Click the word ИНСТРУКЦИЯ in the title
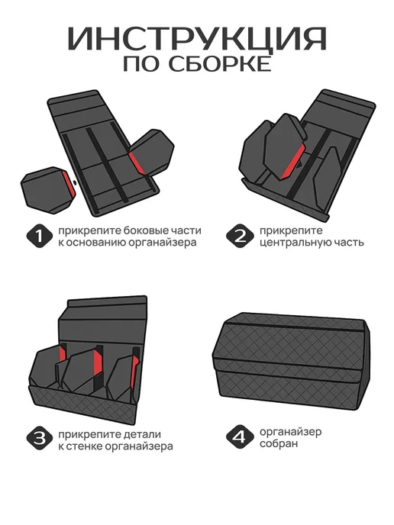[197, 39]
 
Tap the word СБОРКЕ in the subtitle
[220, 64]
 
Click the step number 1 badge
[40, 236]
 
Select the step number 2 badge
[240, 236]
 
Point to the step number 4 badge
[240, 437]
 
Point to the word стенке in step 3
[85, 446]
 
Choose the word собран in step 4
[279, 444]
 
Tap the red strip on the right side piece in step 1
[136, 163]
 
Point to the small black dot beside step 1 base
[74, 182]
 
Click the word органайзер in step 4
[290, 432]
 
